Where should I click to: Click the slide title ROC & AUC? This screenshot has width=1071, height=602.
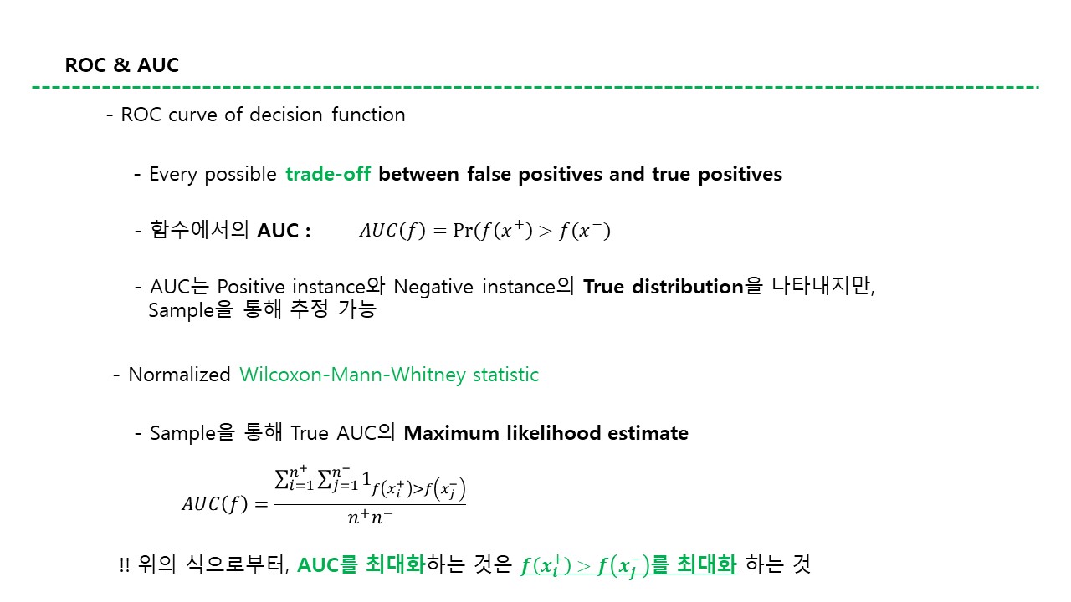point(122,65)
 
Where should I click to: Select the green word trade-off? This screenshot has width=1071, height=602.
point(328,174)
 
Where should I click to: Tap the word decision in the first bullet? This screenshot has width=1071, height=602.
point(286,115)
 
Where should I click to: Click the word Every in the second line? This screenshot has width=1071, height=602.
point(173,175)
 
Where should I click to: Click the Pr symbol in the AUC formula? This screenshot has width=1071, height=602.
point(463,230)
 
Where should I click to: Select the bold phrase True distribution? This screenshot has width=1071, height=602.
point(664,287)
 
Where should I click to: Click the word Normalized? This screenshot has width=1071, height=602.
point(179,375)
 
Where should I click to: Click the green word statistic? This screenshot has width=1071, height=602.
point(505,375)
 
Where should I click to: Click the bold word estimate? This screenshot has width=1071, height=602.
point(648,433)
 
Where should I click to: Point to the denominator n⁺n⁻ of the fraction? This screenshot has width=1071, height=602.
point(370,517)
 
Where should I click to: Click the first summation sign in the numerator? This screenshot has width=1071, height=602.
point(282,479)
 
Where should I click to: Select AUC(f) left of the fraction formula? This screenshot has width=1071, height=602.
point(215,504)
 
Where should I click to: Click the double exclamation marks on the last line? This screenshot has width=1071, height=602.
point(125,565)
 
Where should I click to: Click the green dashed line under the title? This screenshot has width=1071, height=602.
point(535,87)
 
